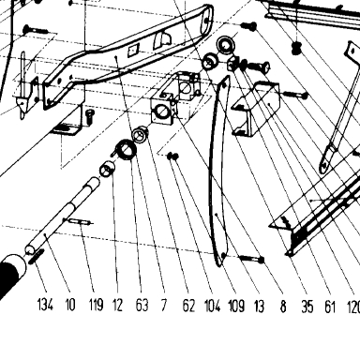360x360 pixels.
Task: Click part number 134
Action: click(45, 305)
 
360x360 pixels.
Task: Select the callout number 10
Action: click(70, 305)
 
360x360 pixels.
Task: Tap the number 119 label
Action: click(96, 305)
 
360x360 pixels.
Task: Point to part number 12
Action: click(117, 305)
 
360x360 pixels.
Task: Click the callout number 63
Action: click(142, 305)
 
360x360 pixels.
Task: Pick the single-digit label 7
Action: click(164, 305)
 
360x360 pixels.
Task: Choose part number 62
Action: click(188, 306)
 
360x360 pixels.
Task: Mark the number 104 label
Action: click(213, 306)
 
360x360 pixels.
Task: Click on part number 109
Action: click(236, 306)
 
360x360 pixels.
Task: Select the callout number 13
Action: click(259, 306)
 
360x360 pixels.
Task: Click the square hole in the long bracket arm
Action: click(134, 50)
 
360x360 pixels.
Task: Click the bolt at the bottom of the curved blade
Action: click(252, 259)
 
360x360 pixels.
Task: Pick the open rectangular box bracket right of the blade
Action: click(256, 108)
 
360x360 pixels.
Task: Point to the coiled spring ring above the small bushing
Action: click(125, 149)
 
